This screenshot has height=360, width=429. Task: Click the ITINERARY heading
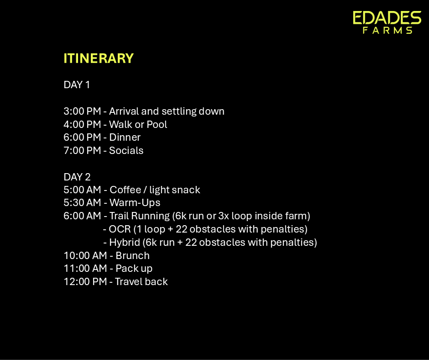click(99, 58)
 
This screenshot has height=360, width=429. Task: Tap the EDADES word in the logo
click(387, 18)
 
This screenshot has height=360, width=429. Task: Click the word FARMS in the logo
click(387, 30)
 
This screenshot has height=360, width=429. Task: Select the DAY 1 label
click(77, 85)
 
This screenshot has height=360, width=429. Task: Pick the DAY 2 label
click(77, 177)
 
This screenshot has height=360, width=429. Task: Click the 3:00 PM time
click(82, 111)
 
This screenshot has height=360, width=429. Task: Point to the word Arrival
click(124, 111)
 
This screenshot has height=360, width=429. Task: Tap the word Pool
click(157, 124)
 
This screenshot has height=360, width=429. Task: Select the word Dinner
click(125, 137)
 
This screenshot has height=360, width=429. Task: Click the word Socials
click(126, 150)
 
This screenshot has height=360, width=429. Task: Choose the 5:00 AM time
click(82, 190)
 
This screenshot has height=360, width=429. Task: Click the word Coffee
click(126, 190)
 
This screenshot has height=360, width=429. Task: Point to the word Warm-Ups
click(135, 203)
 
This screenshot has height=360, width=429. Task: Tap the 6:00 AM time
click(82, 216)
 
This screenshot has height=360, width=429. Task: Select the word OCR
click(120, 229)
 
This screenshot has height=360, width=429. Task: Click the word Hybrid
click(125, 243)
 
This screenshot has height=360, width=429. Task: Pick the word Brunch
click(132, 256)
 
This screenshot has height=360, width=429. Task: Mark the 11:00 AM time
click(85, 269)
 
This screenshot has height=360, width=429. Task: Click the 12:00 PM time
click(85, 281)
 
